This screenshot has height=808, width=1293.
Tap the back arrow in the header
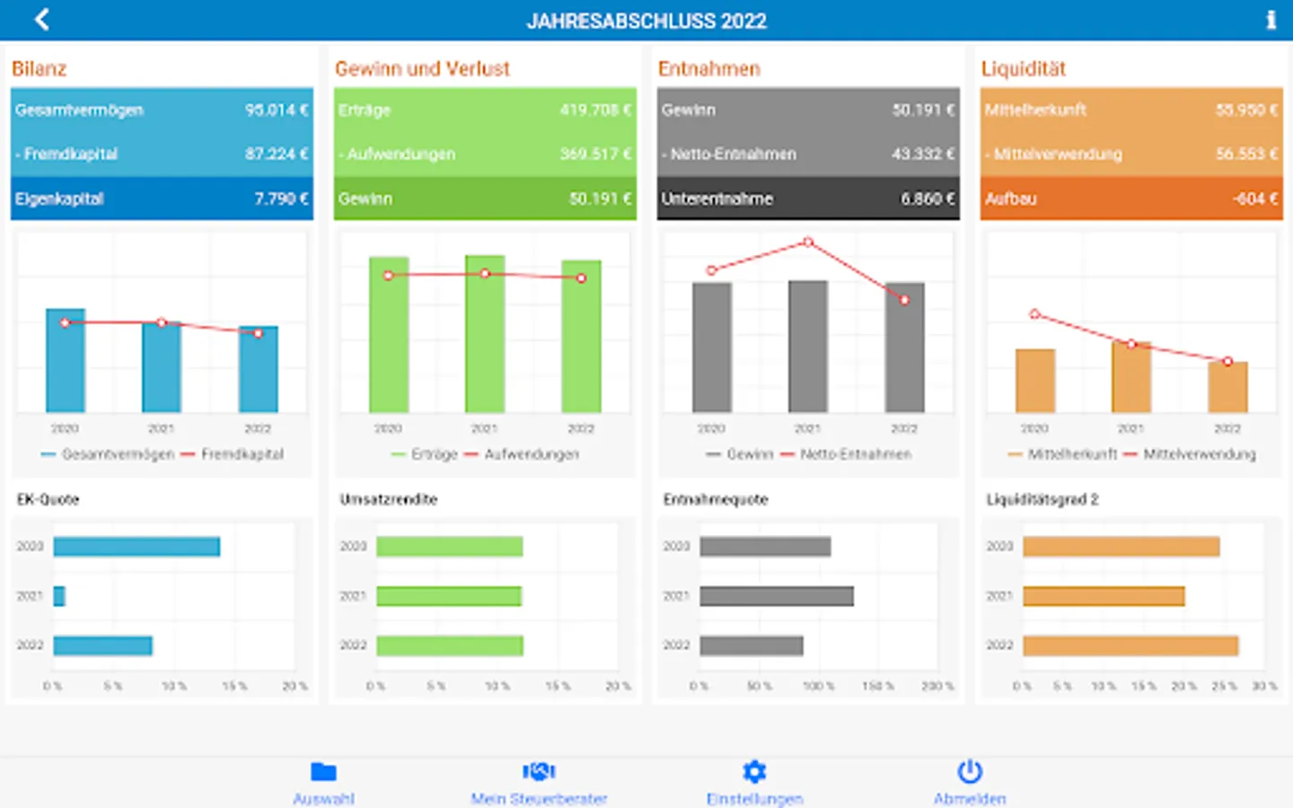[x=41, y=20]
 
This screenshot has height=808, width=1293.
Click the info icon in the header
[x=1271, y=20]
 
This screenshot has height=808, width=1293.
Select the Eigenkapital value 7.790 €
[x=280, y=198]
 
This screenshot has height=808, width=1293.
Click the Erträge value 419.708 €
[x=594, y=110]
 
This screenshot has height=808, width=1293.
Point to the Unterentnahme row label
[x=717, y=198]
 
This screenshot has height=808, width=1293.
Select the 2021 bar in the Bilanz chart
[x=162, y=368]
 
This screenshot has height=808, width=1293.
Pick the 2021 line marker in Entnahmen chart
[x=808, y=242]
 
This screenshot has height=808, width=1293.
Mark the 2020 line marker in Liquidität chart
[x=1034, y=314]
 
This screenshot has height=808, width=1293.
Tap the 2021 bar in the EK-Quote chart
[x=59, y=596]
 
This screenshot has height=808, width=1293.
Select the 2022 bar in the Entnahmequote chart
[x=751, y=646]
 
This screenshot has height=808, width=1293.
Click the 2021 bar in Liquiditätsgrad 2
[x=1103, y=596]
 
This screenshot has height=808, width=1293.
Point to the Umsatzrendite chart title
[x=388, y=499]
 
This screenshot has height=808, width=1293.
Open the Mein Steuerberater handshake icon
[x=539, y=771]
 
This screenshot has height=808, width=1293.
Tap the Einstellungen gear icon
[x=754, y=771]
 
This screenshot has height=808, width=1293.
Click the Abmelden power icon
[x=970, y=771]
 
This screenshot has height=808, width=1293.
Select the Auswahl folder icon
[x=323, y=771]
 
